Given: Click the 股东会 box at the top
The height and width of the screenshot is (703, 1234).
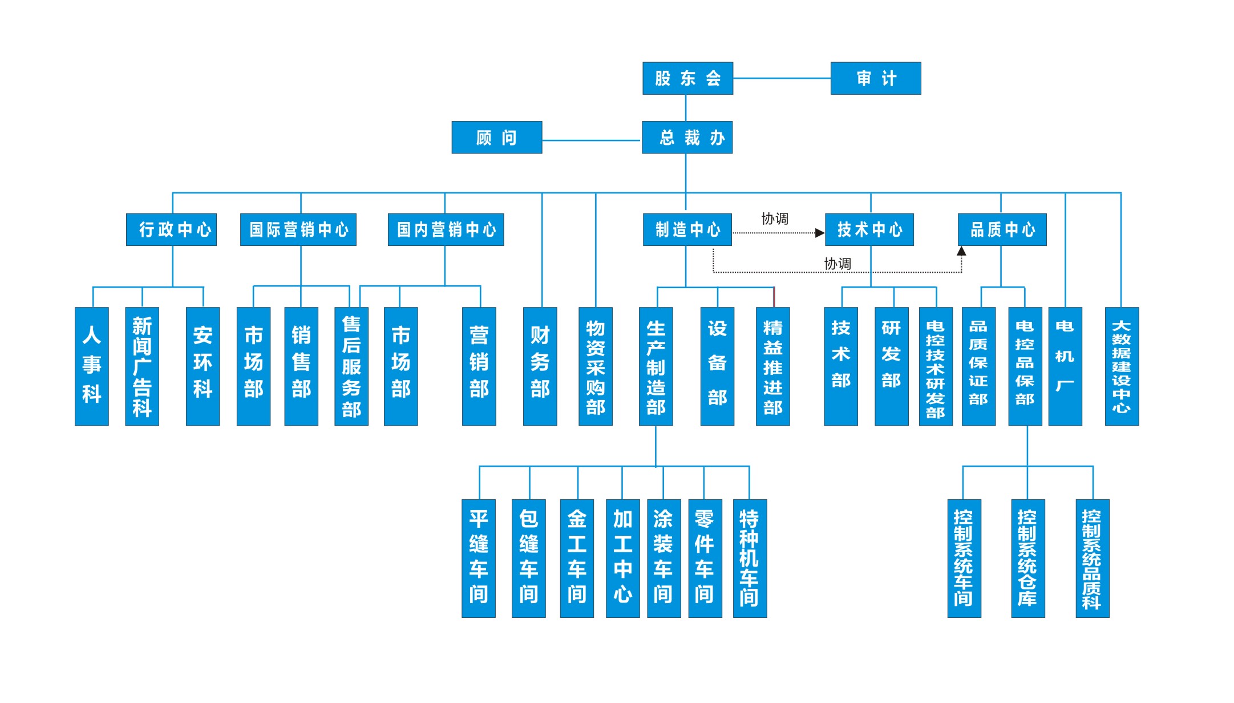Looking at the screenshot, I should click(x=687, y=78).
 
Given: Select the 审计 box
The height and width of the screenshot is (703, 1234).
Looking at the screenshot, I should click(x=875, y=78).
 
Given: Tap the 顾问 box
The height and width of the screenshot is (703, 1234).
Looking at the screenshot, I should click(x=496, y=138).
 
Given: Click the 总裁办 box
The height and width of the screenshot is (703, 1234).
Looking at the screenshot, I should click(x=687, y=138).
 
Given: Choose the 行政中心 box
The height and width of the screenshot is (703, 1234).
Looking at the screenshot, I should click(x=171, y=229).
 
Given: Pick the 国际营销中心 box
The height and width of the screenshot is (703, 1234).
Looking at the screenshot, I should click(x=298, y=229).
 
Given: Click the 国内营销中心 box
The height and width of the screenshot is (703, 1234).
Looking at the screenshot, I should click(x=446, y=229).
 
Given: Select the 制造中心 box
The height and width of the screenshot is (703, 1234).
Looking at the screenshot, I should click(x=687, y=229).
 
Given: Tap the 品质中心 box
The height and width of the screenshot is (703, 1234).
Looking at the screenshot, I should click(x=1002, y=229).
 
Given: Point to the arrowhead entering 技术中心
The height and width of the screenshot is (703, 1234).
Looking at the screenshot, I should click(x=820, y=233).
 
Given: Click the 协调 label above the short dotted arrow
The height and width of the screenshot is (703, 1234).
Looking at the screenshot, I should click(x=775, y=219).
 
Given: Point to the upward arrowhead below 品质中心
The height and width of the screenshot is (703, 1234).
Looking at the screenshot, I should click(x=961, y=251).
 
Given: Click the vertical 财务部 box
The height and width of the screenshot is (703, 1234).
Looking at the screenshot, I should click(x=540, y=366).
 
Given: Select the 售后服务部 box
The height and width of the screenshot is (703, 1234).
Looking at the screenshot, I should click(x=351, y=366).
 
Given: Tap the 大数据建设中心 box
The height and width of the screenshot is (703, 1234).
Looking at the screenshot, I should click(x=1121, y=366).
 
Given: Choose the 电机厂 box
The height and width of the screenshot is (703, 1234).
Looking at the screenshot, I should click(x=1065, y=366).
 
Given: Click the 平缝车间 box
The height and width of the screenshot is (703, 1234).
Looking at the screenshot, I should click(x=478, y=558).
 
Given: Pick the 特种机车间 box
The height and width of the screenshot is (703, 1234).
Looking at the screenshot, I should click(x=749, y=558).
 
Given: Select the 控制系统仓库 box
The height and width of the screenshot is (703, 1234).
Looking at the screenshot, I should click(x=1027, y=558).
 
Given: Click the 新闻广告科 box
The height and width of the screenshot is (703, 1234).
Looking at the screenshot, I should click(x=141, y=366).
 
